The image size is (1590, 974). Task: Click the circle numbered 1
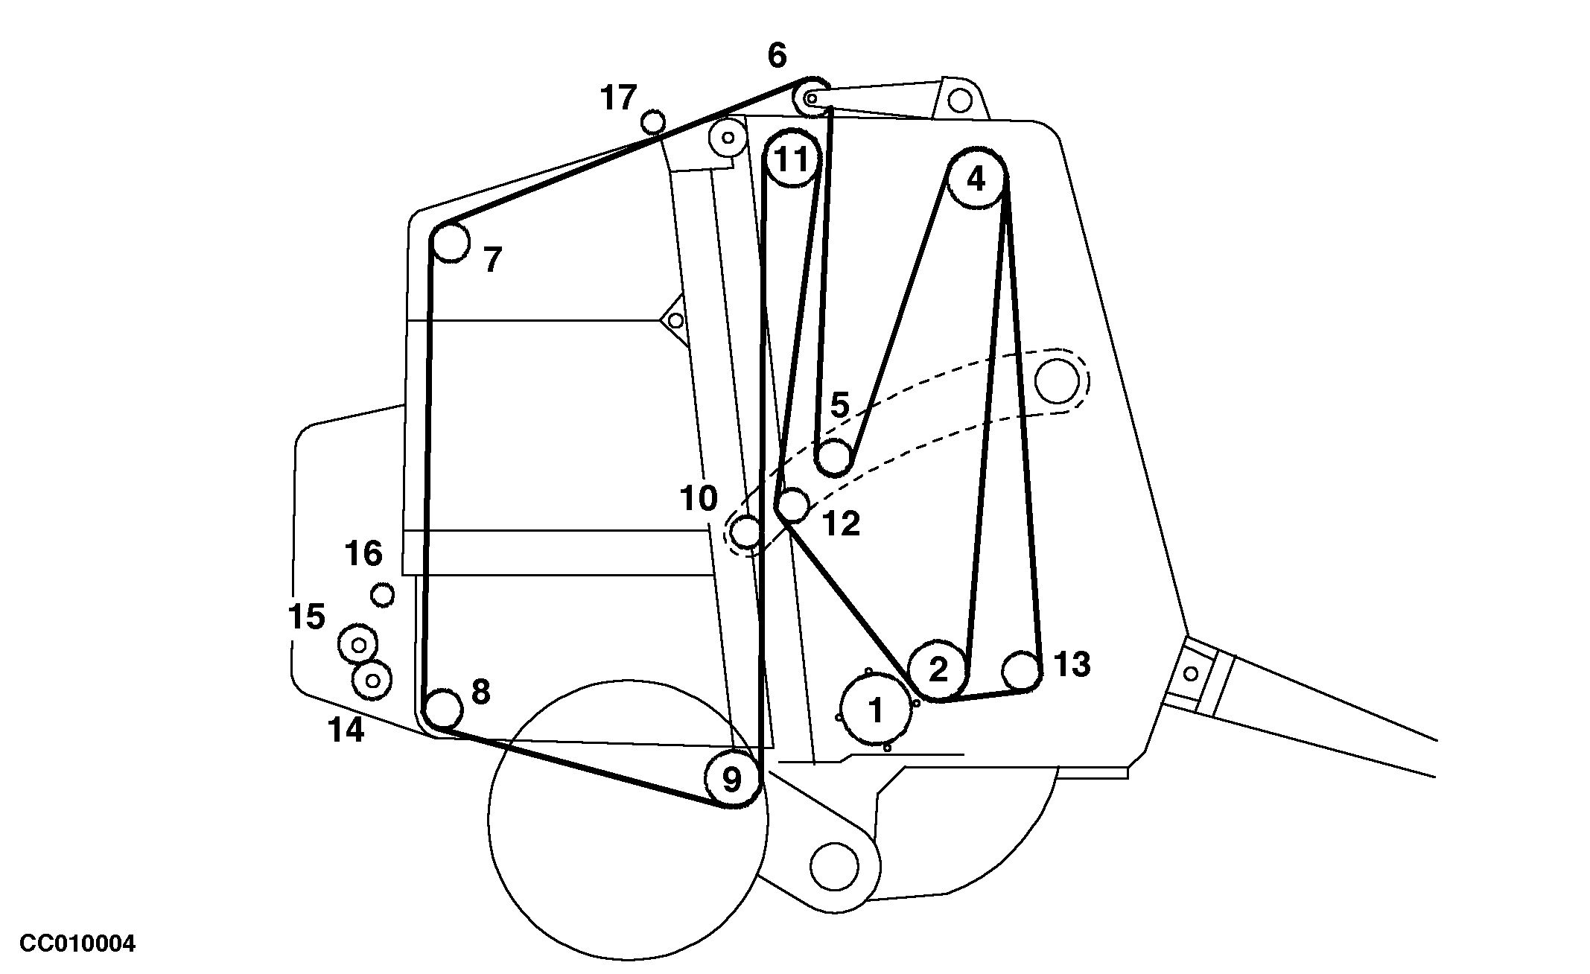pyautogui.click(x=876, y=710)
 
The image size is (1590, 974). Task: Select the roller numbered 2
pyautogui.click(x=938, y=669)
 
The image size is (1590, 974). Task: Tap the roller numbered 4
pyautogui.click(x=976, y=179)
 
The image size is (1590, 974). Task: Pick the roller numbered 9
pyautogui.click(x=733, y=780)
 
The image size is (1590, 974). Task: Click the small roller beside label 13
pyautogui.click(x=1020, y=670)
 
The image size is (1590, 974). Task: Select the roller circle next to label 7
pyautogui.click(x=451, y=243)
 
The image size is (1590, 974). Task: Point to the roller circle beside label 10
pyautogui.click(x=745, y=532)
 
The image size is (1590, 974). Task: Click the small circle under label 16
pyautogui.click(x=383, y=595)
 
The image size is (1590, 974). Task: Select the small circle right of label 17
pyautogui.click(x=653, y=121)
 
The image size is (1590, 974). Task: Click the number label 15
pyautogui.click(x=307, y=617)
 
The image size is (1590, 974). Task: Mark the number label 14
pyautogui.click(x=346, y=730)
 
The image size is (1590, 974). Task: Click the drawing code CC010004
pyautogui.click(x=77, y=944)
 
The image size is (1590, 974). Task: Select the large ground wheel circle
pyautogui.click(x=627, y=819)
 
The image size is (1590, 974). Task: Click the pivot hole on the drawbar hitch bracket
pyautogui.click(x=1191, y=674)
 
